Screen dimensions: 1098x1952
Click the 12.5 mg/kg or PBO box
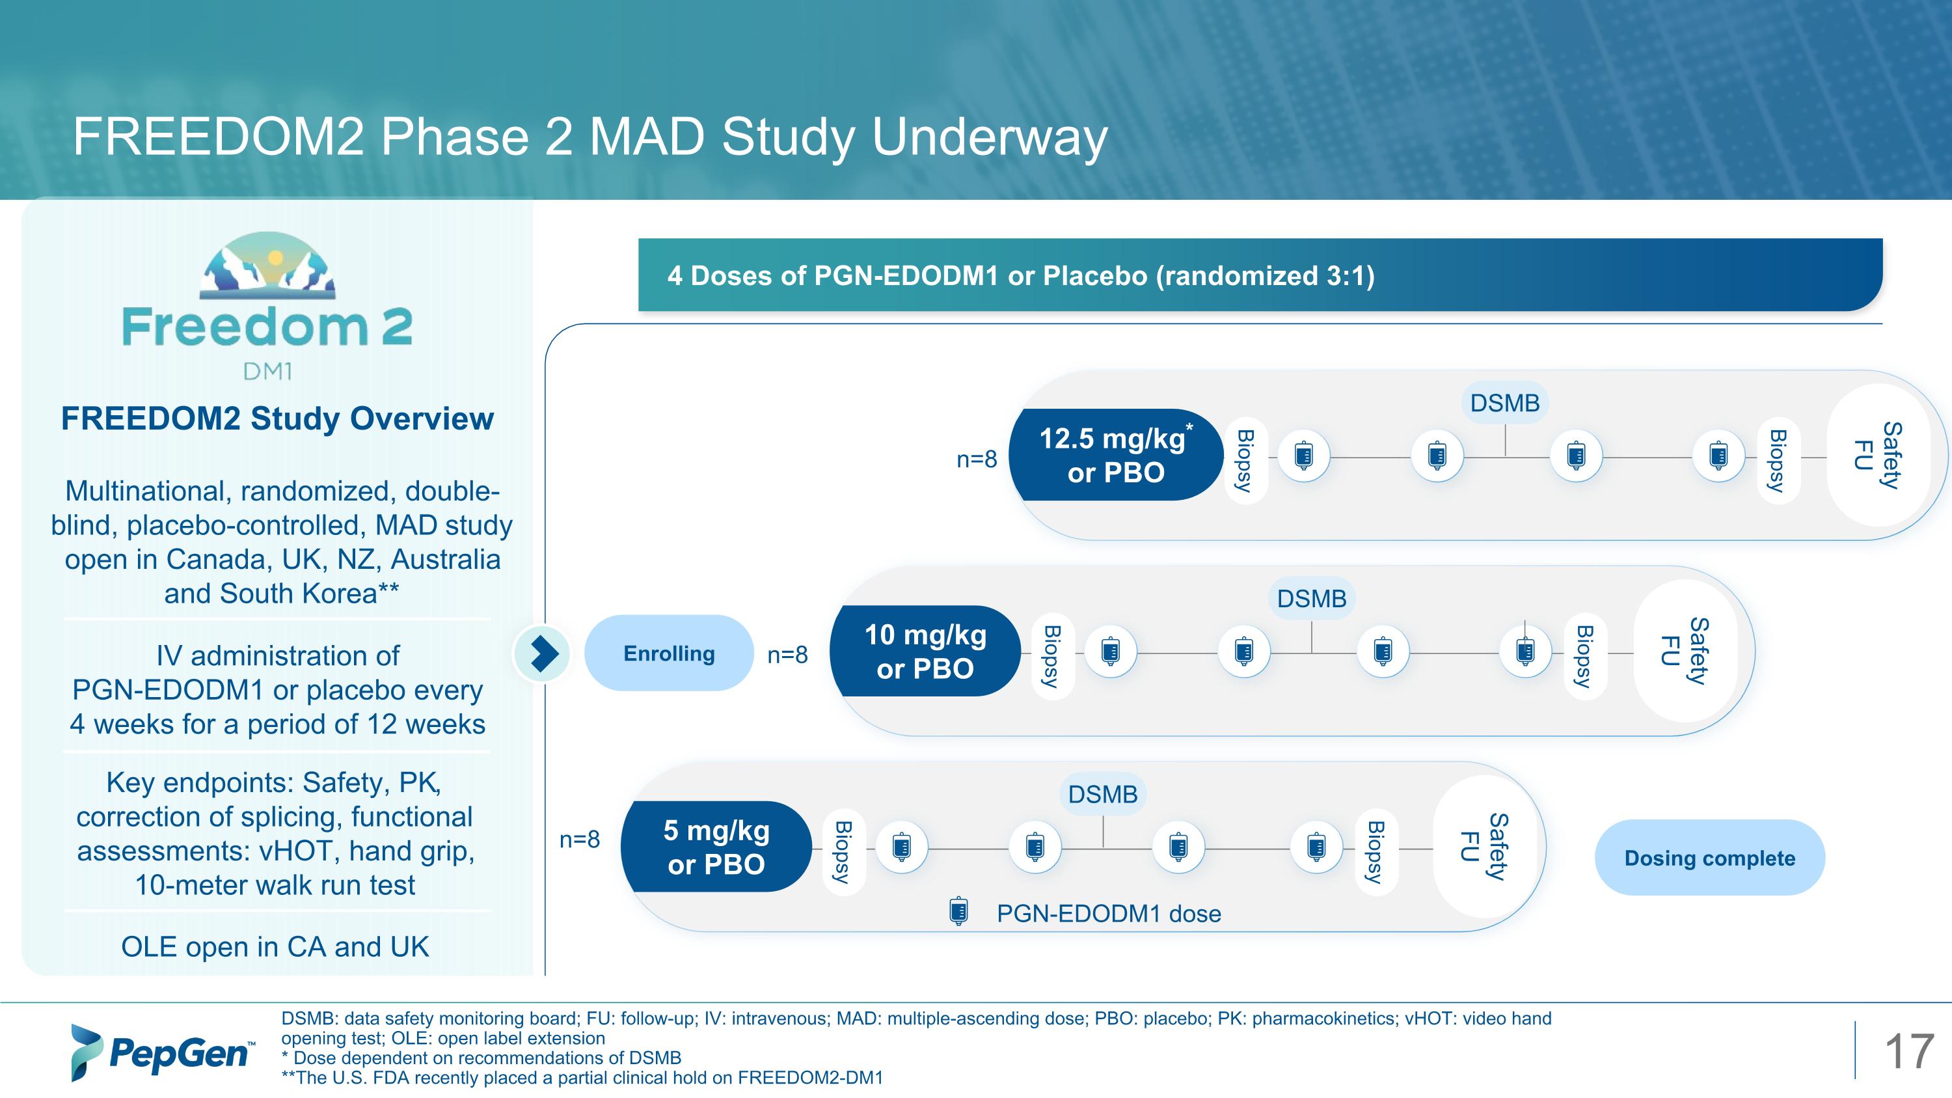tap(1115, 455)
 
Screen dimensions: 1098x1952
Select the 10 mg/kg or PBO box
tap(925, 651)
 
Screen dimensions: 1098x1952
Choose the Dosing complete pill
tap(1709, 858)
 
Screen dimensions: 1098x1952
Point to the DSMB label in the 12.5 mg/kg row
tap(1504, 402)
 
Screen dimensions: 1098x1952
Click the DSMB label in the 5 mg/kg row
tap(1102, 794)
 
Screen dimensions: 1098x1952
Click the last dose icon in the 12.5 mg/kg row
tap(1718, 456)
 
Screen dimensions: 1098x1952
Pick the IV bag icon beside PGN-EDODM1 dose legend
tap(958, 912)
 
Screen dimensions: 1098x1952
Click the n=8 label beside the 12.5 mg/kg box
tap(976, 460)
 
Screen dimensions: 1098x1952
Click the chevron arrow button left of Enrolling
tap(543, 653)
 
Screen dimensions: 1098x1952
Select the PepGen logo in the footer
tap(161, 1052)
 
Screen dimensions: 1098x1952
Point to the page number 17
tap(1908, 1052)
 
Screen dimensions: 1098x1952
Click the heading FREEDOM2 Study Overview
tap(277, 419)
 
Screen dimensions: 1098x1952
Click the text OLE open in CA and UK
tap(275, 946)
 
